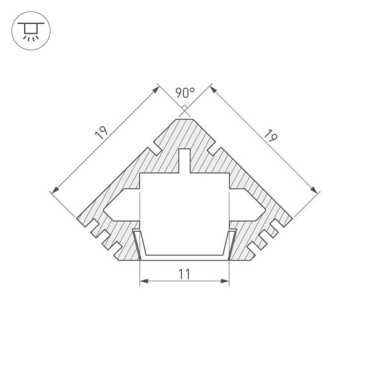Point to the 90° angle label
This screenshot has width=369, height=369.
point(184,93)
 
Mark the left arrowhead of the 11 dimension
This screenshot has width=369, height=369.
point(144,282)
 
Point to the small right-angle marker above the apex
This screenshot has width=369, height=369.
point(184,110)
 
